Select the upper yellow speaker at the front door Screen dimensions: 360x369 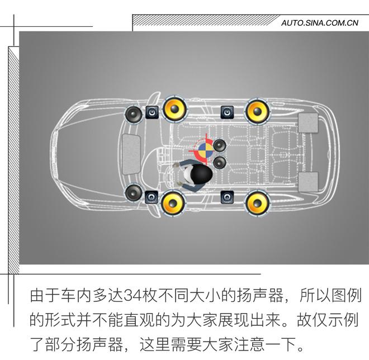click(x=174, y=110)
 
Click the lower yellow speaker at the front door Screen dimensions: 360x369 click(x=174, y=203)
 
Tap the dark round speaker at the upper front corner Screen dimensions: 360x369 click(x=133, y=115)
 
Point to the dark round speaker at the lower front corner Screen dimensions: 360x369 click(x=133, y=193)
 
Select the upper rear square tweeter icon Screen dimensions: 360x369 click(x=227, y=112)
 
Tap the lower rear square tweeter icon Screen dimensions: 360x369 click(x=227, y=196)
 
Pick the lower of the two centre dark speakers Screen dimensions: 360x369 click(x=219, y=163)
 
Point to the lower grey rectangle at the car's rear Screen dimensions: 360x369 click(x=308, y=181)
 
